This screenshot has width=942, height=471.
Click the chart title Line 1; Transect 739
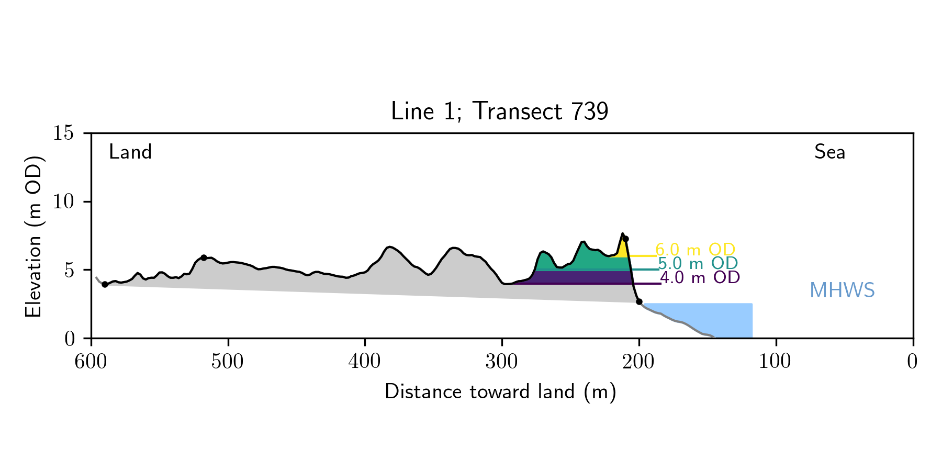(499, 111)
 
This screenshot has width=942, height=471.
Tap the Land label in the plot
(130, 152)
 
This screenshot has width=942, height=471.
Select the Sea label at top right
(829, 152)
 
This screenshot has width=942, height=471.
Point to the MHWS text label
(842, 290)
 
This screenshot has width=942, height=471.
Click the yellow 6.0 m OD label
(695, 250)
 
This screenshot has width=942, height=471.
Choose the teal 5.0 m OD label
(698, 263)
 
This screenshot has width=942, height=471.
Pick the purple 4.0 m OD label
(700, 277)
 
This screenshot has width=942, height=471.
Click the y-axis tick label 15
(63, 133)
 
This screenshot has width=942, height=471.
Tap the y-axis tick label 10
(63, 202)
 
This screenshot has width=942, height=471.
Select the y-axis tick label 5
(69, 271)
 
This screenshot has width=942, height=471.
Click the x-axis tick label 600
(91, 362)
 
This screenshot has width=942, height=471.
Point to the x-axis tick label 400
(365, 362)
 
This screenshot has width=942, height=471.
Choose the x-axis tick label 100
(775, 362)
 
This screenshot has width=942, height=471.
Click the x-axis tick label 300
(502, 362)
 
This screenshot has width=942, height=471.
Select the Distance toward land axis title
(500, 392)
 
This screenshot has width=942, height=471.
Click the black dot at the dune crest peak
(625, 239)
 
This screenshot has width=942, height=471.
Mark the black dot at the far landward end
(105, 284)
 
